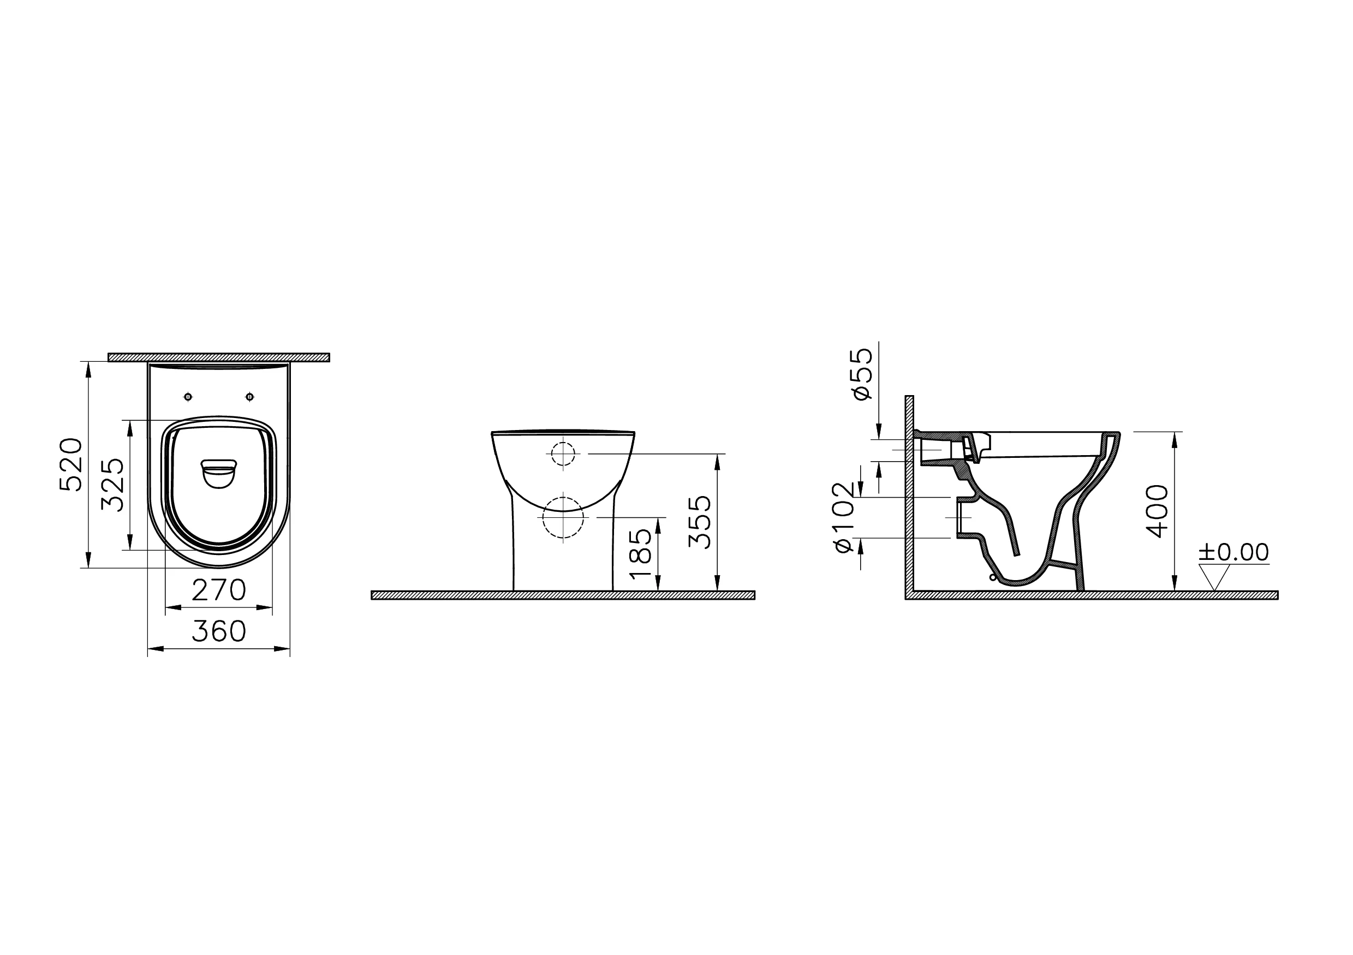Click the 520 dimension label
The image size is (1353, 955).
point(71,465)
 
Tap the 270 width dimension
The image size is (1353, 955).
point(219,590)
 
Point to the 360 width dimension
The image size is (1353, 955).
point(219,632)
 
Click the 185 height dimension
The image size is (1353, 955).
point(641,553)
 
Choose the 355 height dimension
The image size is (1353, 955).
point(700,522)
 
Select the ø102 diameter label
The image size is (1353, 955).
point(844,518)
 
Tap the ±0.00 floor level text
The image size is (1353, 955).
point(1233,553)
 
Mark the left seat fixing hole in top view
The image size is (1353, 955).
point(188,397)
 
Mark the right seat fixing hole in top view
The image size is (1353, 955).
point(250,397)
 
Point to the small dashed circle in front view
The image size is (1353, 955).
point(563,453)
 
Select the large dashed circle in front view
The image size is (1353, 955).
point(563,517)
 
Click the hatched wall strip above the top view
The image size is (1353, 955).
point(219,357)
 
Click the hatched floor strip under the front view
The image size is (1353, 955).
point(563,595)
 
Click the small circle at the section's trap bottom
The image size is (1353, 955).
point(992,578)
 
